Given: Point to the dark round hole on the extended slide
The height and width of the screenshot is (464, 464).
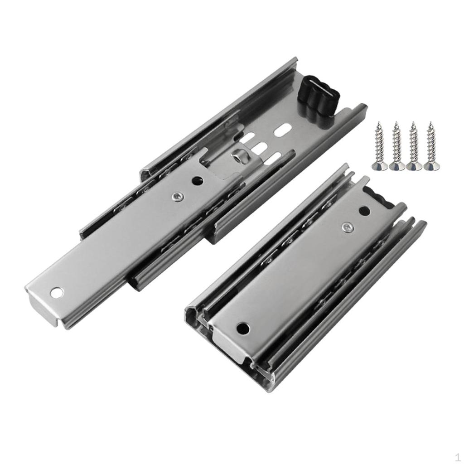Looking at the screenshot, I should point(198,181).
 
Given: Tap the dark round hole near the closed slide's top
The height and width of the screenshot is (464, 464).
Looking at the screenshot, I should point(363,211).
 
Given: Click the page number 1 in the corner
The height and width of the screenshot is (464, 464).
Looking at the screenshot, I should point(458,456).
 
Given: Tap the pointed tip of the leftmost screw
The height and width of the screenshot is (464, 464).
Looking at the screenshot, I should point(377,124).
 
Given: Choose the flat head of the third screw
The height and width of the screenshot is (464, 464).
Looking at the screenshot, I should point(414,167).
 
